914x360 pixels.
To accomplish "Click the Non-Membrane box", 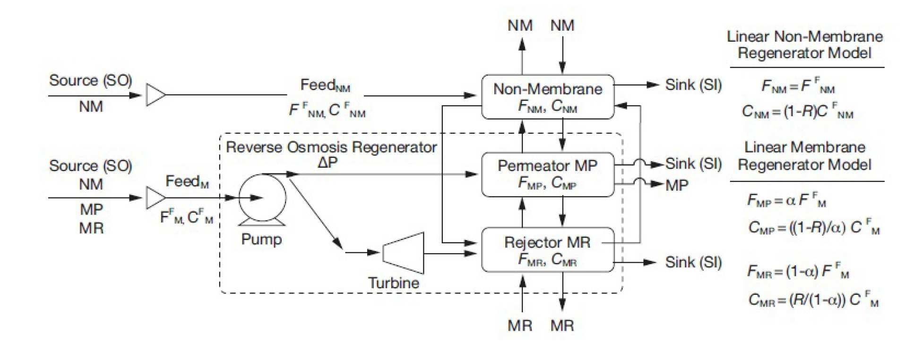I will pyautogui.click(x=547, y=97).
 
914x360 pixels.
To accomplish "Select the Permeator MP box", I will pyautogui.click(x=547, y=174).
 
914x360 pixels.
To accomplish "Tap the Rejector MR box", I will pyautogui.click(x=547, y=250).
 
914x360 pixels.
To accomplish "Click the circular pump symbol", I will pyautogui.click(x=262, y=197).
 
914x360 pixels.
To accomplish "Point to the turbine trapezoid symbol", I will pyautogui.click(x=403, y=253).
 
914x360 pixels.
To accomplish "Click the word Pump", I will pyautogui.click(x=261, y=239).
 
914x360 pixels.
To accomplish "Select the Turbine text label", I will pyautogui.click(x=394, y=283).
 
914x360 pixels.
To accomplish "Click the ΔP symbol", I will pyautogui.click(x=328, y=163).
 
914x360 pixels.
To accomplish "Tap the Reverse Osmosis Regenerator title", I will pyautogui.click(x=331, y=147).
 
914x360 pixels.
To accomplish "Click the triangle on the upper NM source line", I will pyautogui.click(x=155, y=95).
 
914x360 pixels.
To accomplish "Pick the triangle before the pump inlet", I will pyautogui.click(x=155, y=197).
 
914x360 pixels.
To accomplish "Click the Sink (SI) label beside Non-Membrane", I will pyautogui.click(x=693, y=85).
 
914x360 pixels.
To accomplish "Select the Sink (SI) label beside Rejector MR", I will pyautogui.click(x=693, y=262).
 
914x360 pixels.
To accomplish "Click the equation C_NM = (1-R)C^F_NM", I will pyautogui.click(x=797, y=111).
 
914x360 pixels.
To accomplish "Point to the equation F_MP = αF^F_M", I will pyautogui.click(x=786, y=201).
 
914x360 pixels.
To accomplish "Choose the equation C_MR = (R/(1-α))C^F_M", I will pyautogui.click(x=813, y=300).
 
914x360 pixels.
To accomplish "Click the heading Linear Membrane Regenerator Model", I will pyautogui.click(x=804, y=156).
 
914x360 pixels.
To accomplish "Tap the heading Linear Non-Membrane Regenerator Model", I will pyautogui.click(x=804, y=44).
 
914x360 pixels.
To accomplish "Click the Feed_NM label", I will pyautogui.click(x=325, y=85).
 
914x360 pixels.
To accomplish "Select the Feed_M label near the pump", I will pyautogui.click(x=187, y=181).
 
